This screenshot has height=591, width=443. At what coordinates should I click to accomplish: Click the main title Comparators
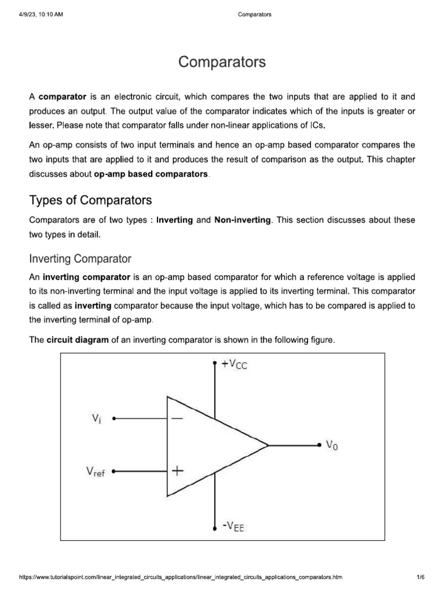coord(222,62)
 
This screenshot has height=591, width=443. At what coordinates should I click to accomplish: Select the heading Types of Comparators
coord(91,200)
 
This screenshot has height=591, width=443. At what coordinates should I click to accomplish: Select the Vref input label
coord(95,472)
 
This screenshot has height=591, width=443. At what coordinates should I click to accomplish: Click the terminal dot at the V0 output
coord(319,445)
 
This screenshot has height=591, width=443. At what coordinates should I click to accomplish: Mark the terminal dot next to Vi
coord(114,418)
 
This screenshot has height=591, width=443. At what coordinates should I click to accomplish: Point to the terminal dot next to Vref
coord(114,471)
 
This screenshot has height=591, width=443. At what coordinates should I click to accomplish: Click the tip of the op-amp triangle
coord(268,445)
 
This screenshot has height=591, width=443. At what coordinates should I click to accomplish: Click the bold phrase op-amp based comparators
coord(150,174)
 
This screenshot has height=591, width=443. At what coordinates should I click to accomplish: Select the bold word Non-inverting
coord(242,220)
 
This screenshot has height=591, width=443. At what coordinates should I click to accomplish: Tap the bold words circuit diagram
coord(77,340)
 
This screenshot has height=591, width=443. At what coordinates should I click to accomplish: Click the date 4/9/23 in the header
coord(27,14)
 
